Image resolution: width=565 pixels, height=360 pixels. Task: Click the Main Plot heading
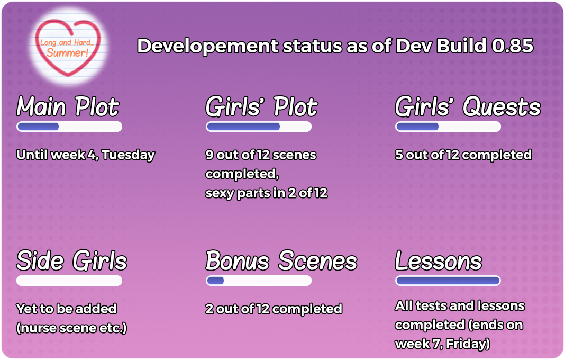click(68, 107)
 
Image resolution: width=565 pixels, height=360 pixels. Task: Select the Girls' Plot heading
click(261, 107)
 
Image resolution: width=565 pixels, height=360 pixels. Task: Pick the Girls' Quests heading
click(468, 107)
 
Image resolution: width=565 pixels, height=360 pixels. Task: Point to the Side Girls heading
click(72, 260)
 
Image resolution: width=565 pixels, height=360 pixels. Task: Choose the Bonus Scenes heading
click(281, 260)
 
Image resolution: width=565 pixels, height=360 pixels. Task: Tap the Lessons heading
click(438, 260)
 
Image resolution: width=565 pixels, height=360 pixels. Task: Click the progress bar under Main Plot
click(69, 127)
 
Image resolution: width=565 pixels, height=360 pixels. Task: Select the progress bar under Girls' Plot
click(259, 127)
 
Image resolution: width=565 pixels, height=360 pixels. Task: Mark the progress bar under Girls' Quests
click(448, 127)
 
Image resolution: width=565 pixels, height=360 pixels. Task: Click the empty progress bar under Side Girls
click(69, 281)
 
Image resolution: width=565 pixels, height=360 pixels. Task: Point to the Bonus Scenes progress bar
click(259, 281)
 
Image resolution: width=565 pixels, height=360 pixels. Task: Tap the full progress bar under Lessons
click(448, 281)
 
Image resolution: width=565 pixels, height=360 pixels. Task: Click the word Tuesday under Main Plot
click(128, 155)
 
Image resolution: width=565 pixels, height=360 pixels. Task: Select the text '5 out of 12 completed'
click(463, 155)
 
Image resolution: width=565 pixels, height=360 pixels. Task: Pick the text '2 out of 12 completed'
click(274, 309)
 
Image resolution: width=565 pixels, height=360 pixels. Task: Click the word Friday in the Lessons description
click(468, 344)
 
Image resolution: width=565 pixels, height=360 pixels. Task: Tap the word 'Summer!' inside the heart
click(67, 53)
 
